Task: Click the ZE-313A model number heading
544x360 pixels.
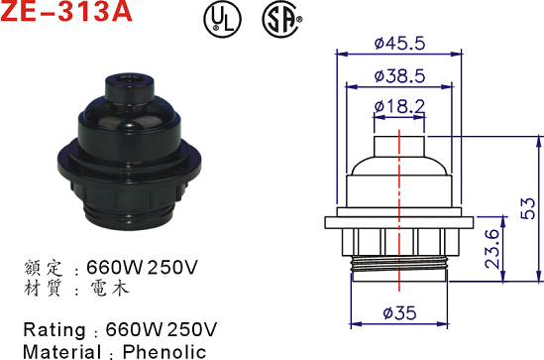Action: pos(66,11)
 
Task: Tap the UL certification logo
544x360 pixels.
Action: pos(222,19)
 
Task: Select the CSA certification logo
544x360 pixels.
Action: pos(281,19)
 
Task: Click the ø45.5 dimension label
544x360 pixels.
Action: pos(399,44)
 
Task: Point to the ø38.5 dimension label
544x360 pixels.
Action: pos(399,75)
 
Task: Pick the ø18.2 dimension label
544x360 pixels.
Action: pos(399,106)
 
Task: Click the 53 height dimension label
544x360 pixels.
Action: pos(528,208)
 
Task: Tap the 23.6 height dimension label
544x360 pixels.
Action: pos(492,249)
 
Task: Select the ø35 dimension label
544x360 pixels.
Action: pos(399,312)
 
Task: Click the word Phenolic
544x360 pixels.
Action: pos(164,352)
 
